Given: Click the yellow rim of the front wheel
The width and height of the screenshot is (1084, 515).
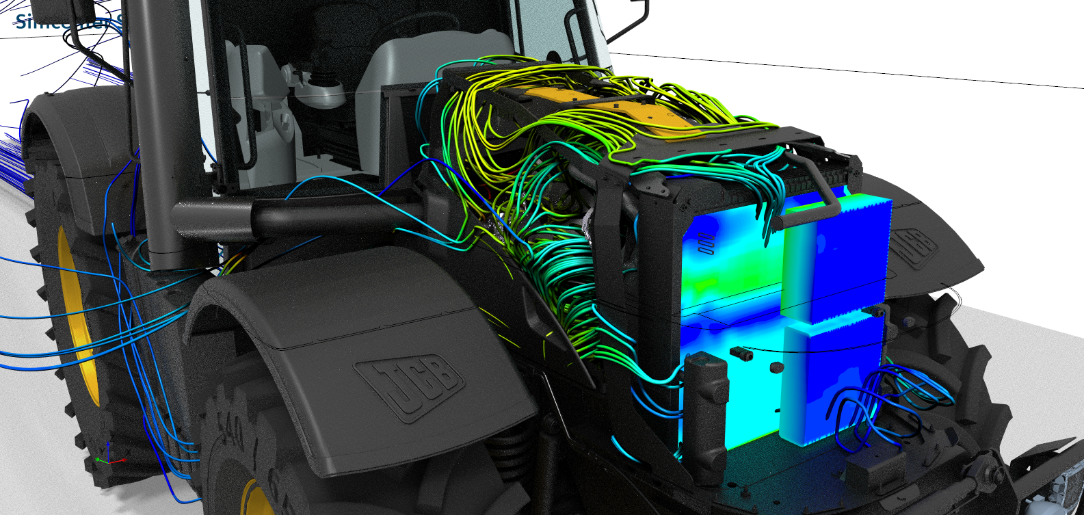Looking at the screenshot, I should (x=256, y=499).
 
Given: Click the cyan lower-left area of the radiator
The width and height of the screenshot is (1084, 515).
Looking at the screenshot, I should (x=745, y=404).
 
